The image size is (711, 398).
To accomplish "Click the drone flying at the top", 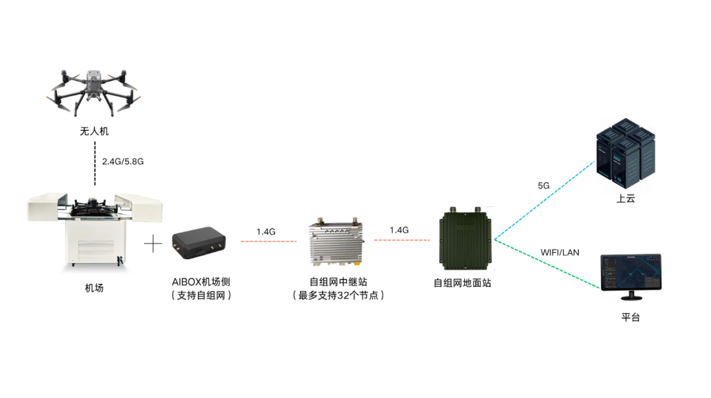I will click(94, 92).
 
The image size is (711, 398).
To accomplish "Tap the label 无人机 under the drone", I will click(94, 132).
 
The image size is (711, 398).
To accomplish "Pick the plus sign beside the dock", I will click(153, 244).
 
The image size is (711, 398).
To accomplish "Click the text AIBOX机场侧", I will click(201, 282).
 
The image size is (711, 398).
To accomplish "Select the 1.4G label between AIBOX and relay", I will click(266, 232).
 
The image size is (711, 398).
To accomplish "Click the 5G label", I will click(544, 186).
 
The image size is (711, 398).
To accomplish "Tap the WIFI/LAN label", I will click(560, 252).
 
